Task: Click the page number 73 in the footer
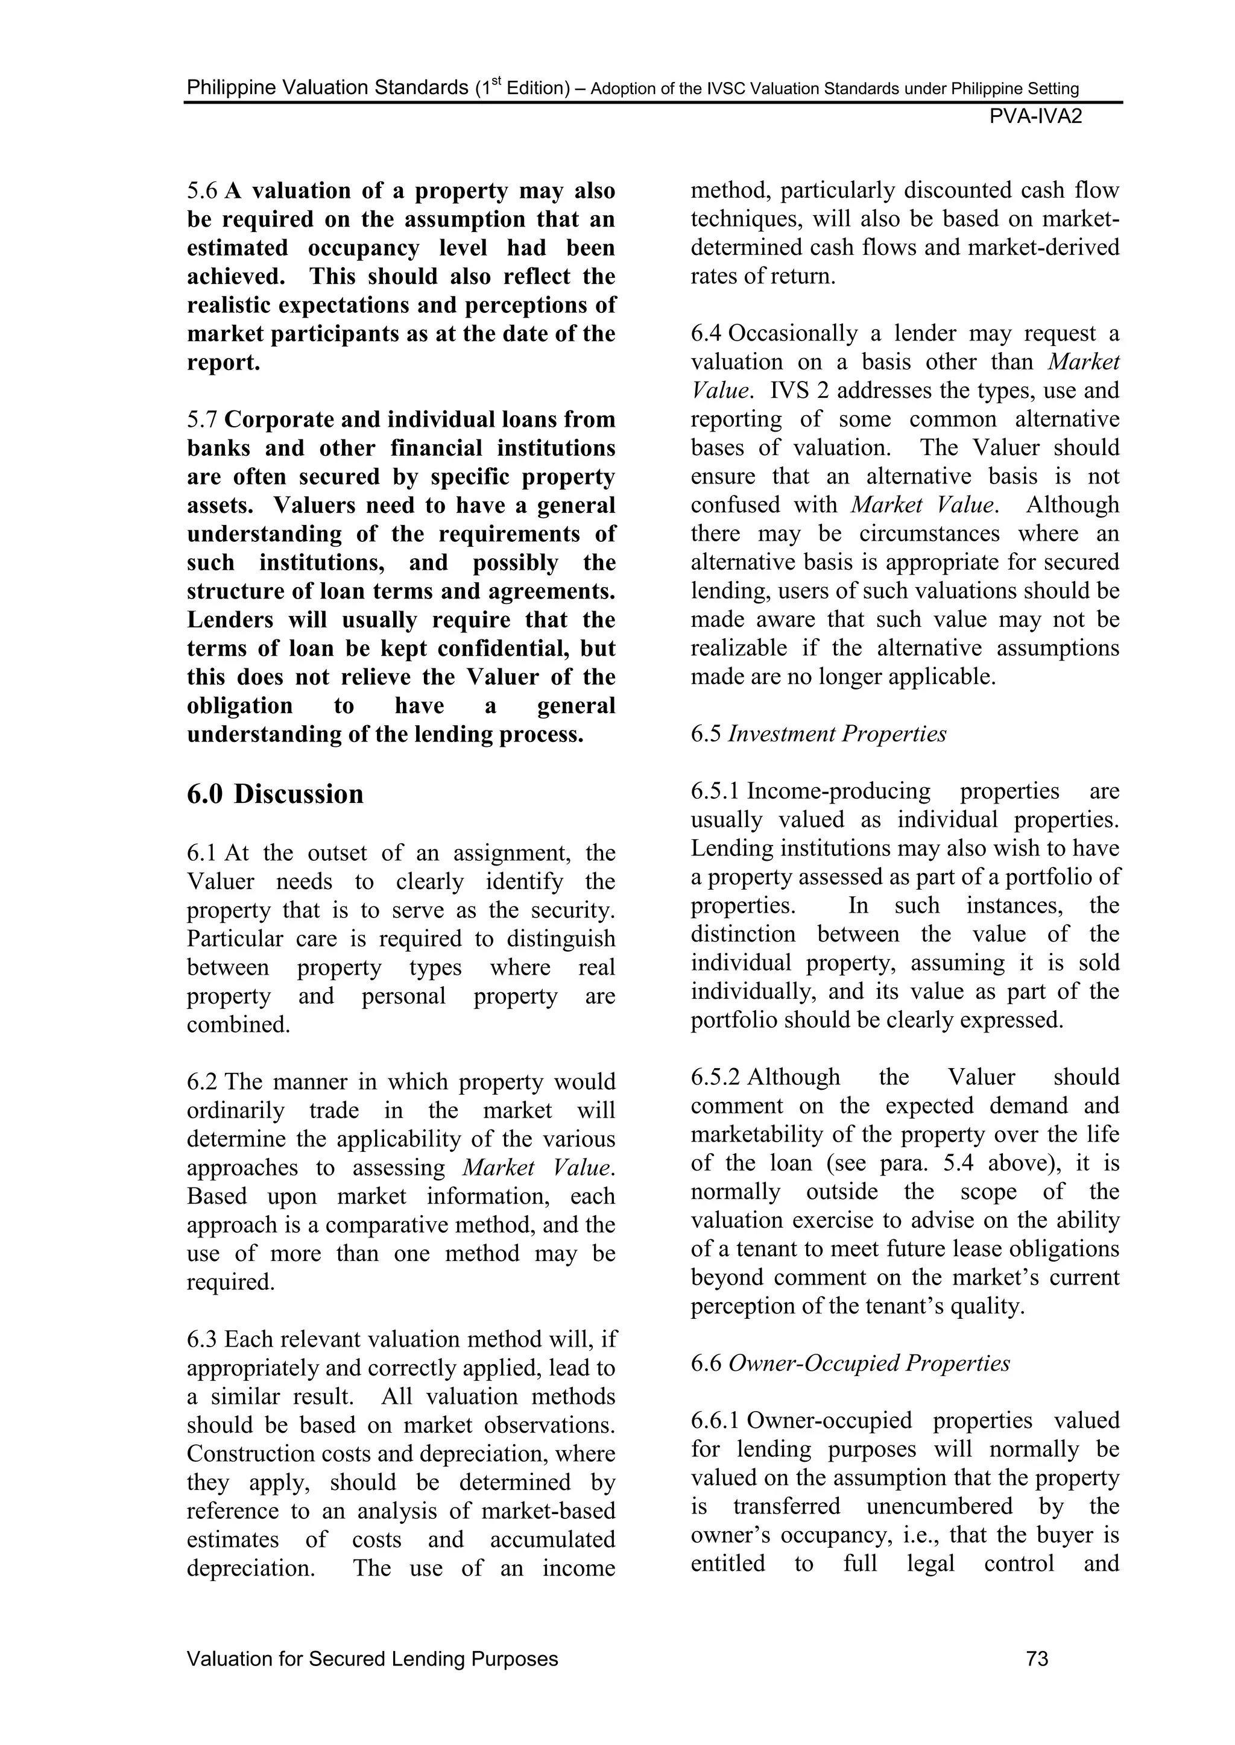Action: [x=1037, y=1658]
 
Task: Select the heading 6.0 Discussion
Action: [x=276, y=794]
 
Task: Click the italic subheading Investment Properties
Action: [x=837, y=734]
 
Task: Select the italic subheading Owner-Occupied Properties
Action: [x=869, y=1363]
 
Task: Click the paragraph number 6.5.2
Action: [x=716, y=1077]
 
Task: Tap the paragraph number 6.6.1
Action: [x=716, y=1421]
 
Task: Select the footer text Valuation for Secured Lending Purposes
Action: [x=373, y=1658]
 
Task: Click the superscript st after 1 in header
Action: [x=493, y=81]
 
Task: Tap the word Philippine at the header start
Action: [x=230, y=88]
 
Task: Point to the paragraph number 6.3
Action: [x=202, y=1339]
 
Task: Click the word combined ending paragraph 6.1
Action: [x=238, y=1025]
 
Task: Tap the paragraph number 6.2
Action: [x=202, y=1083]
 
